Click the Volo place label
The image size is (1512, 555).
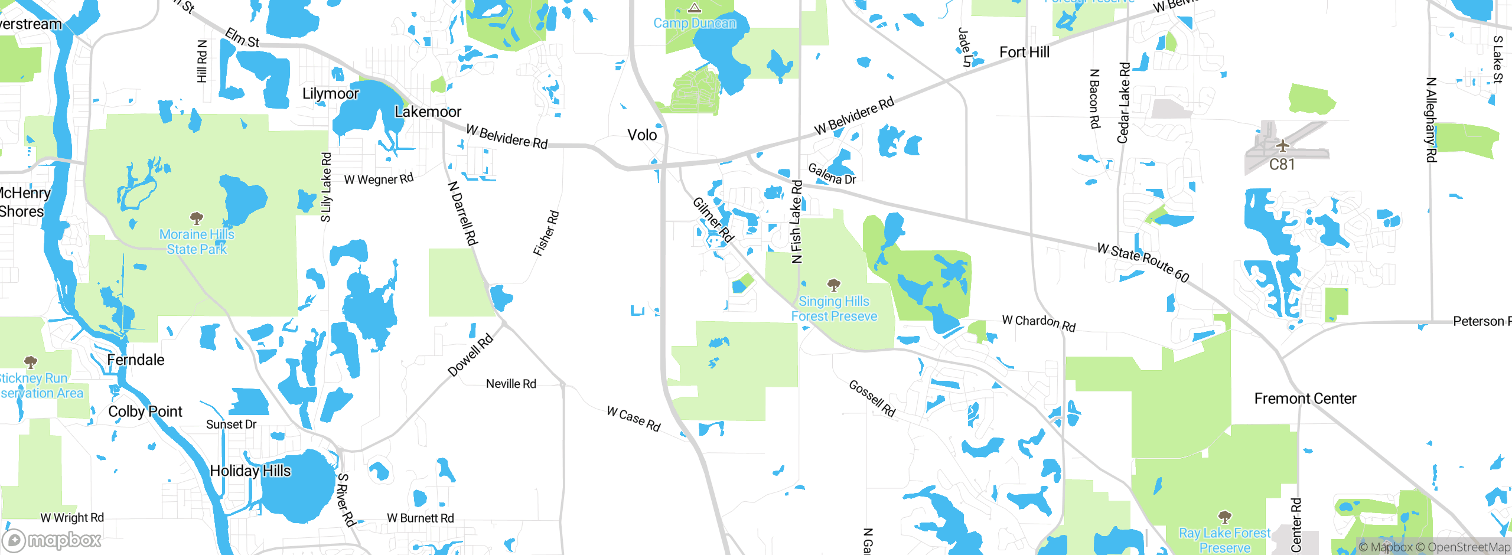[642, 135]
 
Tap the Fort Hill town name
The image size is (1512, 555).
[1024, 53]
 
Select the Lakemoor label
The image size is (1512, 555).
[428, 112]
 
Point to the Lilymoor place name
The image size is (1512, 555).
[330, 93]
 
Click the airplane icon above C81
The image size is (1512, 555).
[1282, 145]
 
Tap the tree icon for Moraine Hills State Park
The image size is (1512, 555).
[197, 218]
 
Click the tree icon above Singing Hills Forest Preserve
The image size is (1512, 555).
[833, 285]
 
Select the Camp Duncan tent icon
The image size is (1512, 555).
[695, 8]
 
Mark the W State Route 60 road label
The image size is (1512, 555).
[1143, 262]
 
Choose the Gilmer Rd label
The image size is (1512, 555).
[713, 220]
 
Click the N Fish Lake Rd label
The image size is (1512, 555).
[797, 221]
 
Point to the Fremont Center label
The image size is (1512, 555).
[1305, 399]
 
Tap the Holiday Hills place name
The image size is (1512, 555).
[250, 471]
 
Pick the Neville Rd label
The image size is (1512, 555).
[511, 384]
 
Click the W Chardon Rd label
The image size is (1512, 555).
[1039, 322]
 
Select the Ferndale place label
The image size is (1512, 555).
[135, 360]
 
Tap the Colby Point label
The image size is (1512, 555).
[145, 412]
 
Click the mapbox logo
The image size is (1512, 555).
[52, 540]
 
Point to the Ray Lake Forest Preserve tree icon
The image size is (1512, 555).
[1225, 517]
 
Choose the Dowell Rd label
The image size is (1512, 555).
[470, 355]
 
